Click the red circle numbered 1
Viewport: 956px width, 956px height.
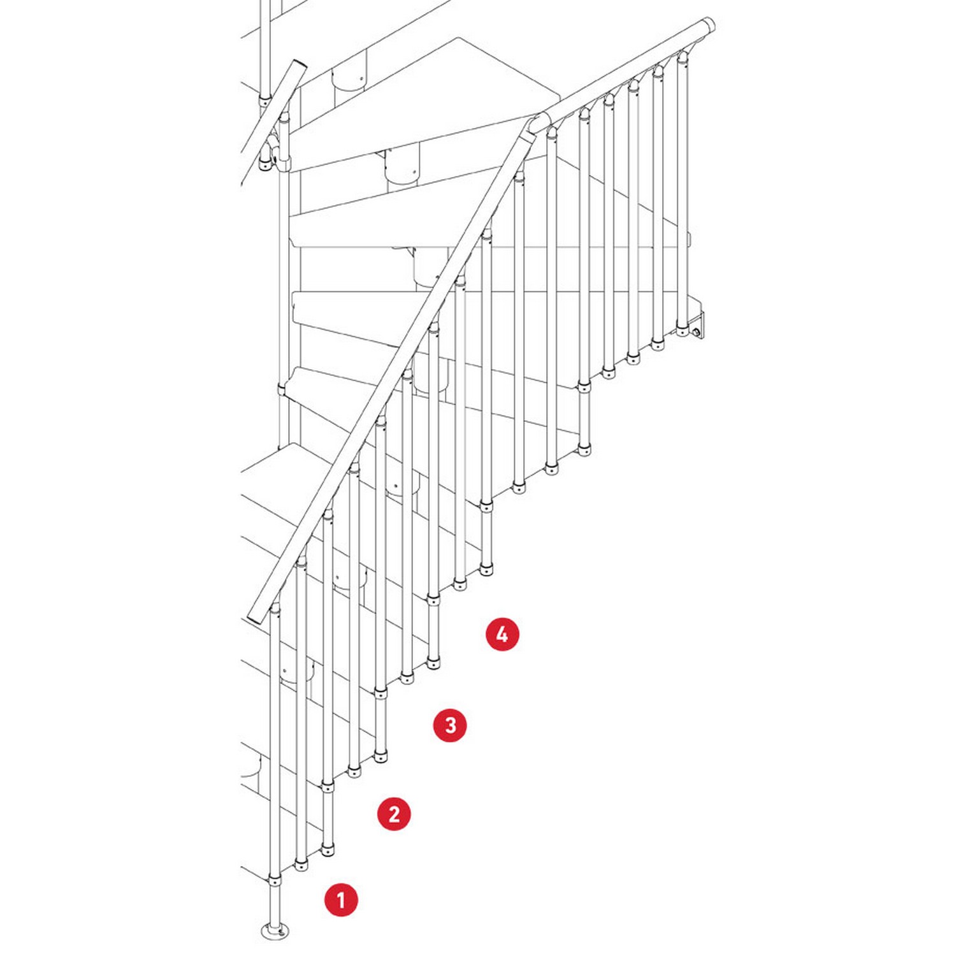(341, 900)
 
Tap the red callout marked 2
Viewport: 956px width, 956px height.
(394, 814)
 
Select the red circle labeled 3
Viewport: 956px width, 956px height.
(450, 725)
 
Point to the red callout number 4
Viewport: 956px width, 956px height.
(502, 634)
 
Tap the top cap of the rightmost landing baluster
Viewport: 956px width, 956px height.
(683, 58)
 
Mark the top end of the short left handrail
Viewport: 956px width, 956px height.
(299, 66)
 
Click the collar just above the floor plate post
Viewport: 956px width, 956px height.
(275, 881)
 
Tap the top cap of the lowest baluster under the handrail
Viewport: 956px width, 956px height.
(275, 609)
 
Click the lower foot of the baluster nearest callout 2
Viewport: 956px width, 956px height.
(328, 849)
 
